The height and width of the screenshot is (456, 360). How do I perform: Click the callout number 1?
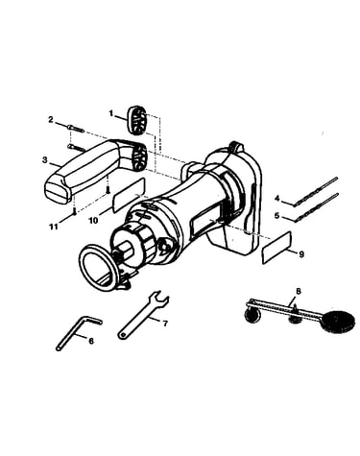(111, 113)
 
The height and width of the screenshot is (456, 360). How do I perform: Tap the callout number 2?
(51, 120)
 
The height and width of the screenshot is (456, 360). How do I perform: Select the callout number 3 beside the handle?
(45, 160)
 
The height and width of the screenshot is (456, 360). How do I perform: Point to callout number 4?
(277, 199)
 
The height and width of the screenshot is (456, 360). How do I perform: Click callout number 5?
(277, 215)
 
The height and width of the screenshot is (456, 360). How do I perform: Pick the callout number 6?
(91, 341)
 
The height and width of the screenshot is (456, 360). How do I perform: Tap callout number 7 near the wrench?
(165, 324)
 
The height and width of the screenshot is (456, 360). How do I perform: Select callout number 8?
(299, 291)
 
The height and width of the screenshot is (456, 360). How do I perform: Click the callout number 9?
(301, 254)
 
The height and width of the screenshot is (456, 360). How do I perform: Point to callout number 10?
(93, 221)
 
